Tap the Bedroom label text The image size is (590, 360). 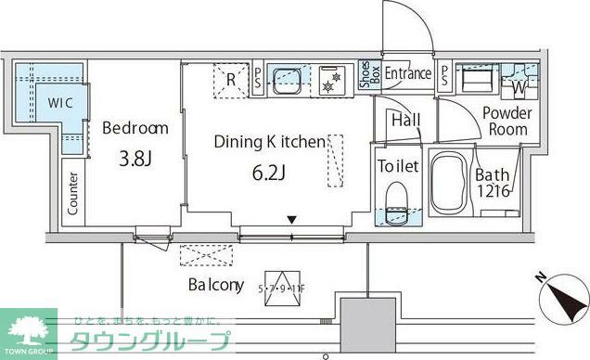coord(135,128)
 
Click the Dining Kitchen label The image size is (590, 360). coord(269,142)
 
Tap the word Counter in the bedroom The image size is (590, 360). coord(72,193)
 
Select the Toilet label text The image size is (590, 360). coord(399,167)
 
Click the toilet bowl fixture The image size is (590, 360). coord(396,202)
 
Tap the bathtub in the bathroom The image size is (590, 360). coord(451,185)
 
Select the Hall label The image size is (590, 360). coord(404,120)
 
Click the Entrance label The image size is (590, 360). coord(408,74)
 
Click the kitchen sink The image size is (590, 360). coord(281,77)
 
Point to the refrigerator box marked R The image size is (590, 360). coord(230,78)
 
